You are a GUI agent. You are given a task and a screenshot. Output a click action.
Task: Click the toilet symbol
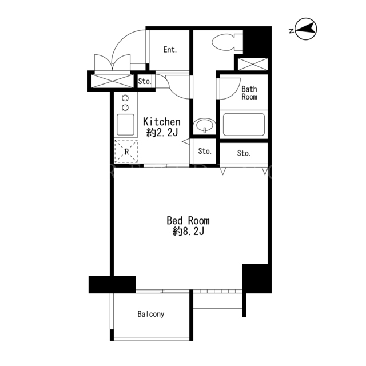227,42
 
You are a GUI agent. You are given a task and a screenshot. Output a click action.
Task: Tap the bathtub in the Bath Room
244,125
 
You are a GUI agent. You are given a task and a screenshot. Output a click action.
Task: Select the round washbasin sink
205,125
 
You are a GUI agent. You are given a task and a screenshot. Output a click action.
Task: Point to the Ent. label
170,50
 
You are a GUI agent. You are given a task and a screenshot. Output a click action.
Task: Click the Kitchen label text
162,122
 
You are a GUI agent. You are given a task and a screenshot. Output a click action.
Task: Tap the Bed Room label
188,220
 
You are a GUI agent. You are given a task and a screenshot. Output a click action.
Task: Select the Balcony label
151,314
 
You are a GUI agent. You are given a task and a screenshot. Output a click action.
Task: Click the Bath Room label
249,93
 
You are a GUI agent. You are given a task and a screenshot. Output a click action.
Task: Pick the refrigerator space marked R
126,151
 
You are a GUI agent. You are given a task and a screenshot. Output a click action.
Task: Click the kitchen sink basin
125,125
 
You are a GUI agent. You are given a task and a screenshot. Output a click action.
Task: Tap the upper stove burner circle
126,98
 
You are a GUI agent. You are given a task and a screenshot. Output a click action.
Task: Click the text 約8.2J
188,232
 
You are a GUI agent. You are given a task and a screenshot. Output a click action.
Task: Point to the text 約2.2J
162,132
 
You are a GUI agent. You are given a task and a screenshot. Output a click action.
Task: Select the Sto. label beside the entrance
145,81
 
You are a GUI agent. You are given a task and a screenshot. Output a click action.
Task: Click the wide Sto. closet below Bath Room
244,153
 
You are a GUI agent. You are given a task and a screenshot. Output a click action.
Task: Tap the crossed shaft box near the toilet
253,64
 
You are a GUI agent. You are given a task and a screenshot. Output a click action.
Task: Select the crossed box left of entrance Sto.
112,81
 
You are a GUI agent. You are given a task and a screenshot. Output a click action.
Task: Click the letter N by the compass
291,31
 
